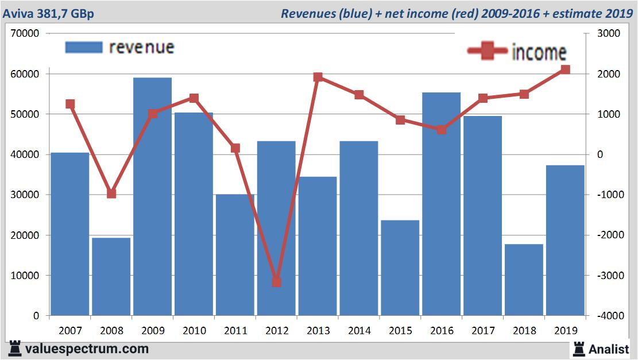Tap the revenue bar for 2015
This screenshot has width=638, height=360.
(x=400, y=268)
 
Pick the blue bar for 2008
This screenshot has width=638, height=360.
(x=111, y=276)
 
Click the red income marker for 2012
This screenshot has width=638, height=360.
(x=276, y=282)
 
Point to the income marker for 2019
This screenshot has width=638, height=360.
(x=565, y=69)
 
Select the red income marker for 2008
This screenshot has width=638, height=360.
(x=111, y=193)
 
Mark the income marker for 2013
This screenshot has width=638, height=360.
(x=318, y=78)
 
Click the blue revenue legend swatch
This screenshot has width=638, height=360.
(x=84, y=47)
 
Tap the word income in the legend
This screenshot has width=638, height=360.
(x=539, y=52)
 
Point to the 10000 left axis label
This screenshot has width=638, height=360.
(x=25, y=276)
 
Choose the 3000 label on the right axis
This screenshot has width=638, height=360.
(x=609, y=34)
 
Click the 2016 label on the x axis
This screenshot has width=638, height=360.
(x=442, y=331)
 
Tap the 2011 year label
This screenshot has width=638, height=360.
(x=235, y=331)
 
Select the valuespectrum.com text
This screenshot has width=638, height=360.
(x=87, y=349)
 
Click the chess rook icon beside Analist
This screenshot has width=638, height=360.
(x=579, y=348)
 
